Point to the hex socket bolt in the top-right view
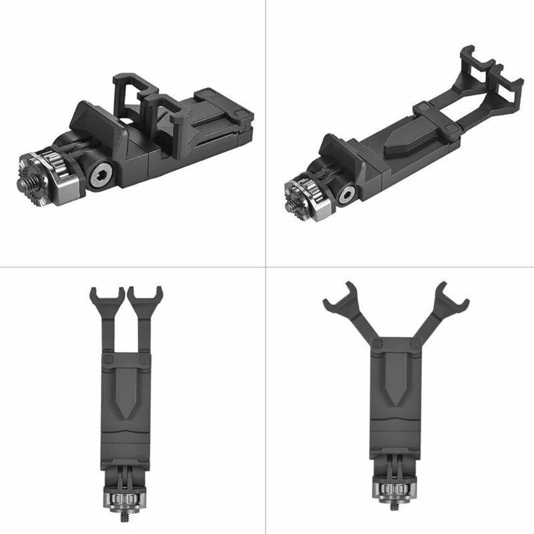(x=345, y=195)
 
